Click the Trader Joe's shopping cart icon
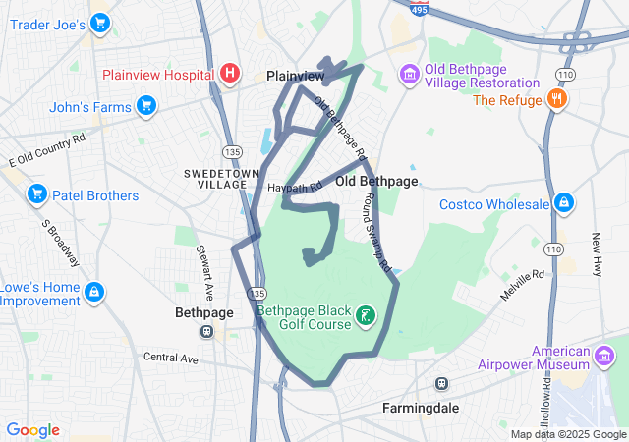coord(99,22)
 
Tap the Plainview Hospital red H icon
coord(230,74)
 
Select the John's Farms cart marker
coord(146,104)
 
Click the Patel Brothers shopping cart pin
coord(37,195)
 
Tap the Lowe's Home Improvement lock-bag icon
coord(94,292)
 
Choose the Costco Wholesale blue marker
coord(563,203)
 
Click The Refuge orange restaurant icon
coord(557,98)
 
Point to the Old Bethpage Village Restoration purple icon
coord(409,75)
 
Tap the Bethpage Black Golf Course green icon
coord(366,315)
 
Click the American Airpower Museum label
coord(574,358)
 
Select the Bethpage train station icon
coord(206,331)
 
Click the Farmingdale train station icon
coord(442,383)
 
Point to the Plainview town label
coord(296,76)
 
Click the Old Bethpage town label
coord(376,182)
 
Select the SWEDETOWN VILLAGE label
coord(215,178)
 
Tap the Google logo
coord(32,430)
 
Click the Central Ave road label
coord(171,359)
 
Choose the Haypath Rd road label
coord(295,186)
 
